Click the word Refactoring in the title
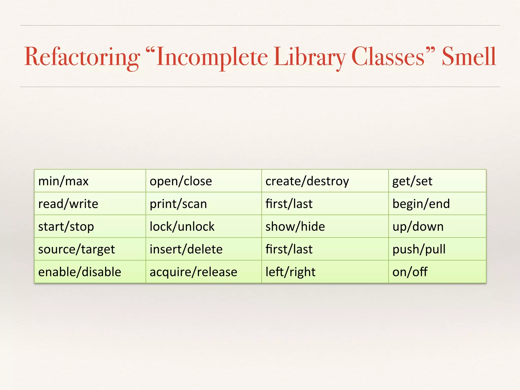82,57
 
